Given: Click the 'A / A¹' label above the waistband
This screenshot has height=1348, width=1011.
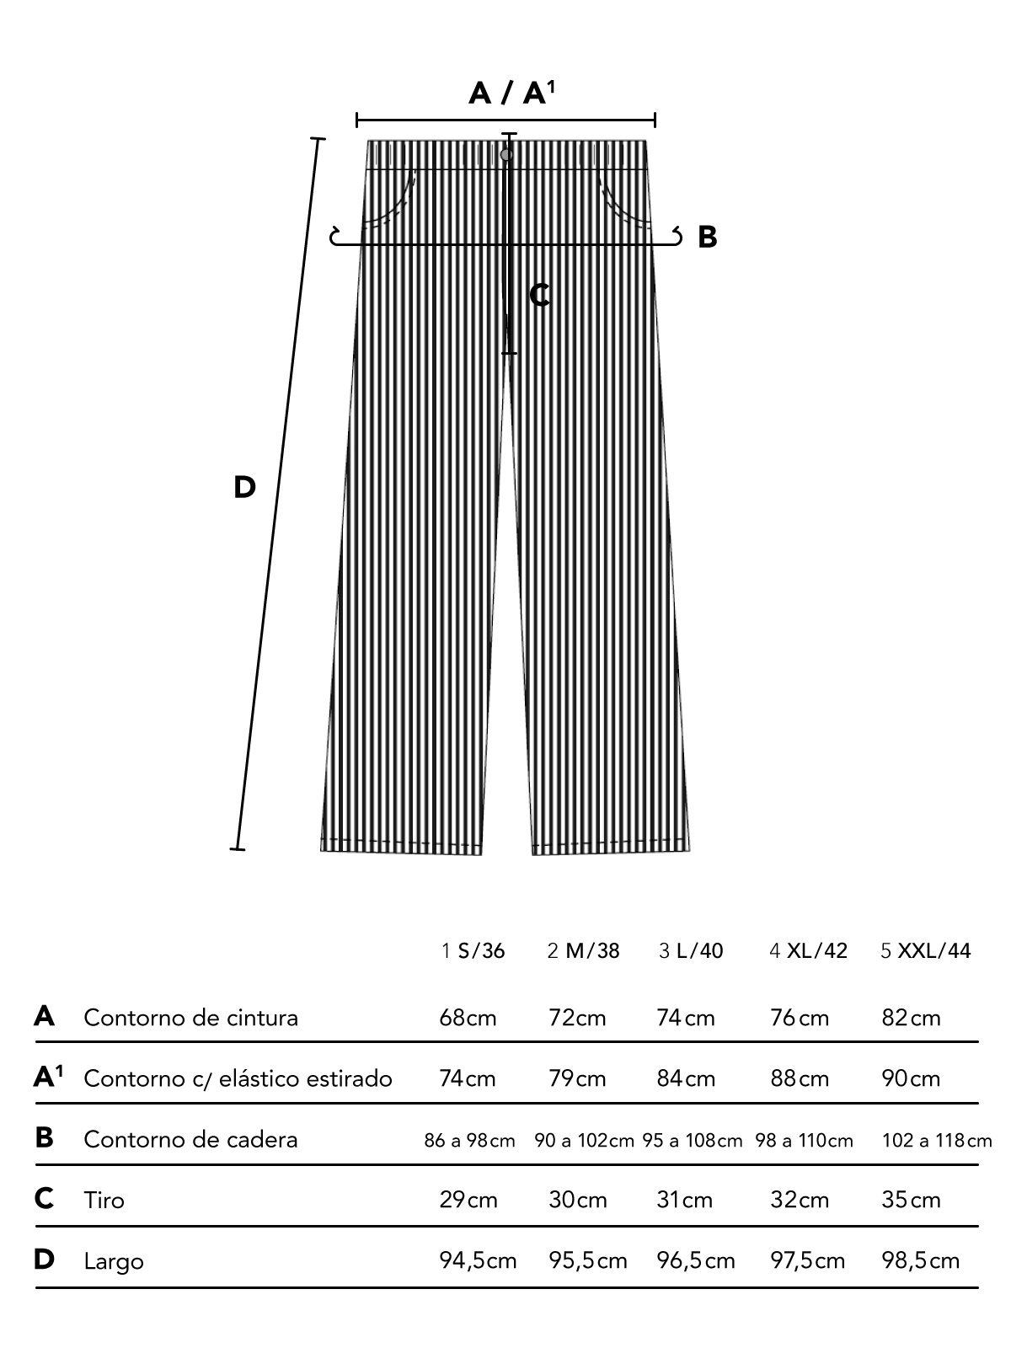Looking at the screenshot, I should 511,92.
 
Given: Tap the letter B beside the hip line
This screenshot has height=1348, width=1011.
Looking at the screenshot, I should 708,238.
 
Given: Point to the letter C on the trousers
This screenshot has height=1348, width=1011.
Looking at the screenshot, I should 540,295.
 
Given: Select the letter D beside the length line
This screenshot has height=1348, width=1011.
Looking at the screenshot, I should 244,487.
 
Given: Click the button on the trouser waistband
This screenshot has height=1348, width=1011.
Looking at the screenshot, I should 506,155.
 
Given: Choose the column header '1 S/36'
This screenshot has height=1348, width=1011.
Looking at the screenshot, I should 473,951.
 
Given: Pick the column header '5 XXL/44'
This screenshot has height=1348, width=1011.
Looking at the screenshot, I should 925,951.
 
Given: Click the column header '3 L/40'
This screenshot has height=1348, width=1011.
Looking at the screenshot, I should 691,951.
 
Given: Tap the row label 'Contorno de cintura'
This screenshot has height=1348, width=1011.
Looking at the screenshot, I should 191,1018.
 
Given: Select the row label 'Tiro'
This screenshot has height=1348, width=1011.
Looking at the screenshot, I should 104,1200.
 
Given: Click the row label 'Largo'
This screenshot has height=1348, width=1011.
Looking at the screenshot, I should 114,1261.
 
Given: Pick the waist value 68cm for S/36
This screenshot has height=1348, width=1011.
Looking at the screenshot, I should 468,1018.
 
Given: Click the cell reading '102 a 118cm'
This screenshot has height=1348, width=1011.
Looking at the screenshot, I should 937,1141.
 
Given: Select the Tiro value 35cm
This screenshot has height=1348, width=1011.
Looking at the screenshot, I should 911,1200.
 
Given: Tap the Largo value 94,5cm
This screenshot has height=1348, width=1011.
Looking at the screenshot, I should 478,1261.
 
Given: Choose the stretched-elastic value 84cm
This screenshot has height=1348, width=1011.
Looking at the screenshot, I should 686,1078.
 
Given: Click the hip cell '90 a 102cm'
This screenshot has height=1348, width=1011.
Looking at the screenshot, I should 584,1141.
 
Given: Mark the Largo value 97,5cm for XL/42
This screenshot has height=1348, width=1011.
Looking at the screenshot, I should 807,1261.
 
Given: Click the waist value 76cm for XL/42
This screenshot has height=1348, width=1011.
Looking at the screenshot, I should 800,1018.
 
